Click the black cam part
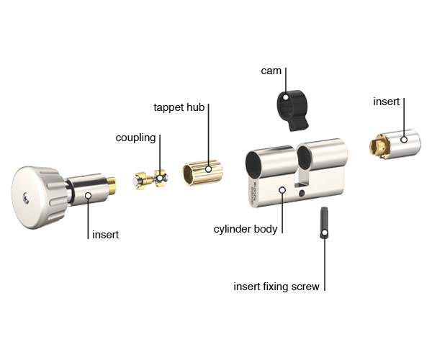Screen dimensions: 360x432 [x=290, y=108]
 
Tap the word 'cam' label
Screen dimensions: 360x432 [x=271, y=71]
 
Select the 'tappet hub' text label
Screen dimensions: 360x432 [x=179, y=107]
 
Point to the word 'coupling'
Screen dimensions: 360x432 [x=136, y=138]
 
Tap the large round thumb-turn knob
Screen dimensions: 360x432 [x=40, y=196]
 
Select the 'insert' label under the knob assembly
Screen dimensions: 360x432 [x=105, y=235]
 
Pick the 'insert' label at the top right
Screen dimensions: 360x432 [x=386, y=102]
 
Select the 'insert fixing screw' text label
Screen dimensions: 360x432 [x=276, y=287]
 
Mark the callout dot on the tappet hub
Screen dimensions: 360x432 [x=209, y=170]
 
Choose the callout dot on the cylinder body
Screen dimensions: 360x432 [x=282, y=191]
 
